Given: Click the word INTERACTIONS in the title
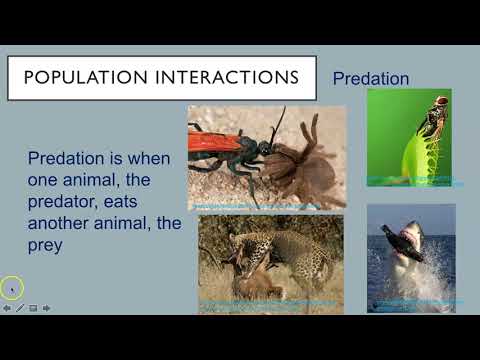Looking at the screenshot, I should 226,77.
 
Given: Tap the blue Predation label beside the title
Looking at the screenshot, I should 370,77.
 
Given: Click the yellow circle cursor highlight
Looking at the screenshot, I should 12,289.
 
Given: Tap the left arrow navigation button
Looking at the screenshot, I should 7,308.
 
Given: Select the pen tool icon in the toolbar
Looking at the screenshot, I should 20,308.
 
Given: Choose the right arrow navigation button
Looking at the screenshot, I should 46,308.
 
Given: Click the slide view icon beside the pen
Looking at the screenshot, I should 33,308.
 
